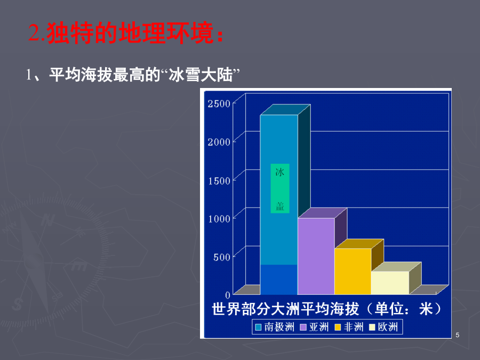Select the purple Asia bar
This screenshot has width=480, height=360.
(316, 256)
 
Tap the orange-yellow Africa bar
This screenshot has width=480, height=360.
(353, 271)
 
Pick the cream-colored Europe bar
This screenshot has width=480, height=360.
(390, 283)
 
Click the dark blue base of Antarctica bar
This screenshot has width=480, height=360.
(279, 279)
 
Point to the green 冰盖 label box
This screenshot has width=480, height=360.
(280, 189)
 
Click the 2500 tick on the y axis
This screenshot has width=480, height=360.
(219, 104)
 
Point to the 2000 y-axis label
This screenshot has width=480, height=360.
(219, 142)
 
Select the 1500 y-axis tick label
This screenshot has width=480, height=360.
(219, 181)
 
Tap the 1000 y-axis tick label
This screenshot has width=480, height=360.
(219, 219)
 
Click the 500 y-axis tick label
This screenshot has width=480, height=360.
(222, 257)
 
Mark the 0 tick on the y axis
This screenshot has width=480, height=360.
(227, 295)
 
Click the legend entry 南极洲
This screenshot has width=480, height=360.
(275, 327)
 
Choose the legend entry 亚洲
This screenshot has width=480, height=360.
(314, 327)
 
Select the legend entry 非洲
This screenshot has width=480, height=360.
(349, 327)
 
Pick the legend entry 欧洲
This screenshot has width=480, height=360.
(383, 327)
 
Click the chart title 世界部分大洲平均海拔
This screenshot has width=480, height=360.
(285, 309)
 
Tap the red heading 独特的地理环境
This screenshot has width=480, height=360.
(130, 33)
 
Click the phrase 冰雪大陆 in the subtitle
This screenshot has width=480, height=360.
(201, 75)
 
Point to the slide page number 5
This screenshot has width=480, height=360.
(458, 335)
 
